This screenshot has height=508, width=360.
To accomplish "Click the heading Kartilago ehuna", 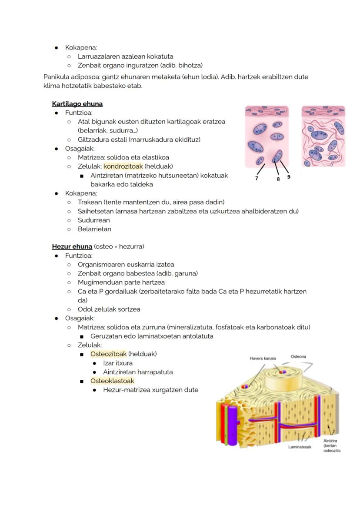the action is [x=77, y=104].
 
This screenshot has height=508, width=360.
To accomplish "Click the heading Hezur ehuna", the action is [x=72, y=246].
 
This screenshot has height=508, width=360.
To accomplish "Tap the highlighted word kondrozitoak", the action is [x=123, y=166].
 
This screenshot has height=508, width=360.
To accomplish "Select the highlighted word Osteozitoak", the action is [x=108, y=354].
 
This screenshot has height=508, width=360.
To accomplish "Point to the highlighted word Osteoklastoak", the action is [x=112, y=381].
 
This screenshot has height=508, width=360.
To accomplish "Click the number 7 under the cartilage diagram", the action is [x=257, y=178].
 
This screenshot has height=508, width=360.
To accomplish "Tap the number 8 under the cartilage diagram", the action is [x=278, y=179].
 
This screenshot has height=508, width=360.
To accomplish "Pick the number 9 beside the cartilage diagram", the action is [x=289, y=177].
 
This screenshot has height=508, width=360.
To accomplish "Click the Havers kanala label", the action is [x=263, y=359].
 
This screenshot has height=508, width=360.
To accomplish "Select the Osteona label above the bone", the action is [x=298, y=357].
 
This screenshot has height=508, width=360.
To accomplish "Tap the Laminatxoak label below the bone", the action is [x=300, y=447].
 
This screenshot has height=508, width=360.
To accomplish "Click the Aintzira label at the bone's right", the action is [x=330, y=441].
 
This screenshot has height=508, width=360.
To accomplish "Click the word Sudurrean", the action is [x=93, y=220].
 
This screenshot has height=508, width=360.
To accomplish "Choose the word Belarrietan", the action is [x=94, y=229].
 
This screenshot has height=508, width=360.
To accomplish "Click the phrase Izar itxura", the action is [x=117, y=363].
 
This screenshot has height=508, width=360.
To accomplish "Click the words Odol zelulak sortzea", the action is [x=109, y=309].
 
